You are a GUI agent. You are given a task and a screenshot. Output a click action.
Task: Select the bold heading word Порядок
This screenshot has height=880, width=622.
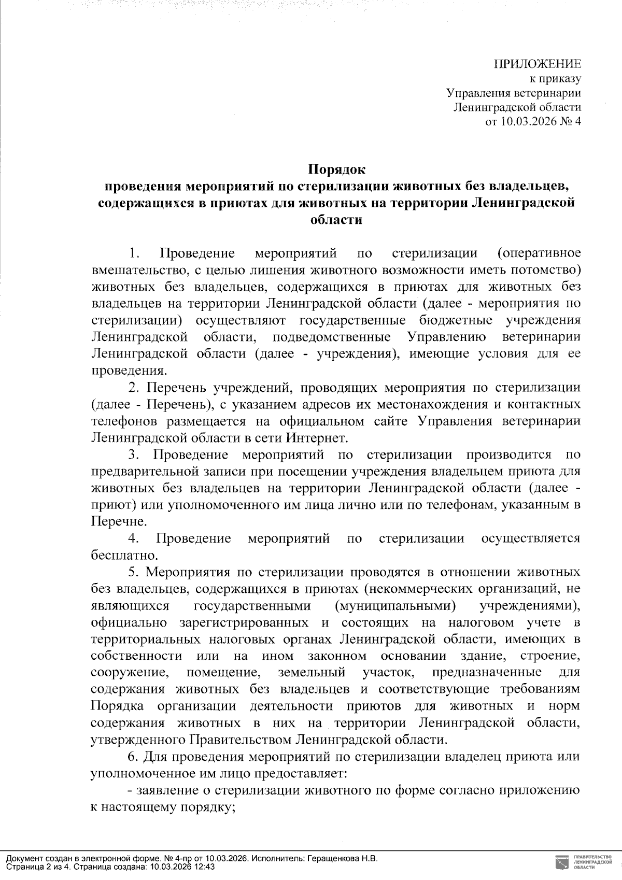tap(336, 169)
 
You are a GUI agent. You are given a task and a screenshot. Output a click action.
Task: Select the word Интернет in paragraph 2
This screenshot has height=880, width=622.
tap(315, 438)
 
